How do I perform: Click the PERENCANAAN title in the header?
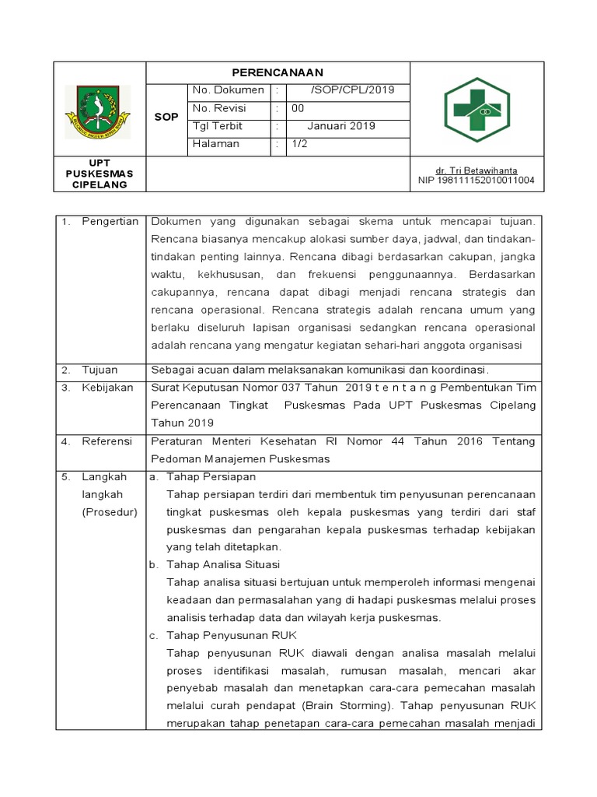[x=278, y=72]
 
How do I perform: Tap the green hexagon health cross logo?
[x=476, y=111]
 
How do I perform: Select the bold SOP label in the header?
[x=166, y=117]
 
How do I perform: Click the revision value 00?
[x=298, y=108]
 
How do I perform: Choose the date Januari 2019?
[x=340, y=126]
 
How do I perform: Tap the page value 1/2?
[x=299, y=144]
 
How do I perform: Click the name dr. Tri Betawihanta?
[x=476, y=170]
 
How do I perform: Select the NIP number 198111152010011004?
[x=476, y=181]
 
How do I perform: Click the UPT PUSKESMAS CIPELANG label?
[x=99, y=174]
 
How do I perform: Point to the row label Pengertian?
[x=110, y=222]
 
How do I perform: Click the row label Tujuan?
[x=99, y=369]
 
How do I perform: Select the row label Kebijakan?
[x=107, y=388]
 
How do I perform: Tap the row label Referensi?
[x=107, y=441]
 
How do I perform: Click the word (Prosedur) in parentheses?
[x=110, y=512]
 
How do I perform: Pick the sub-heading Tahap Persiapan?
[x=211, y=476]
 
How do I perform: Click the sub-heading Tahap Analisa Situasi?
[x=223, y=564]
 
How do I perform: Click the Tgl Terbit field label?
[x=217, y=126]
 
